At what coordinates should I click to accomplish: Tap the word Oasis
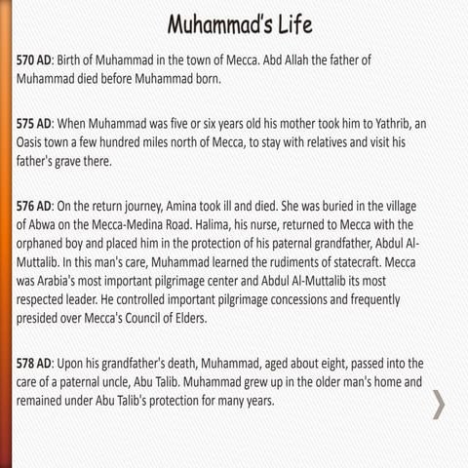coord(32,144)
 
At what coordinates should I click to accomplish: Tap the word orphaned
coord(48,244)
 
